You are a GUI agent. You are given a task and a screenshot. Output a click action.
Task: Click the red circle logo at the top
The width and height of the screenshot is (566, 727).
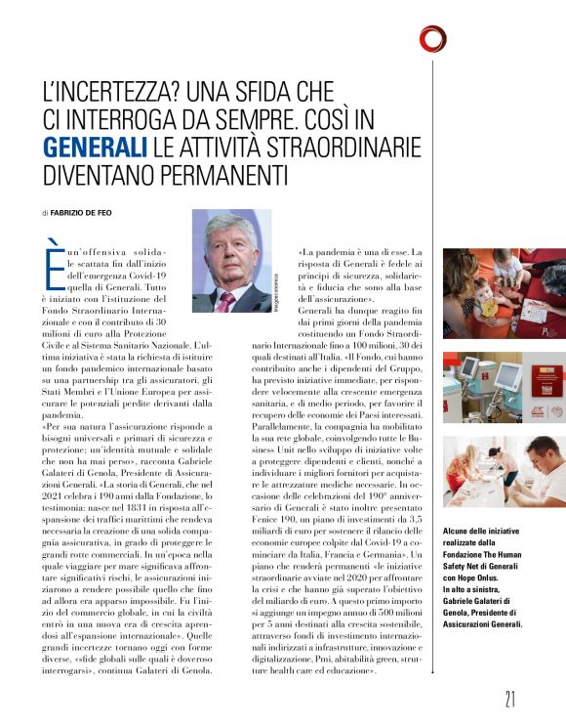click(432, 38)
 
